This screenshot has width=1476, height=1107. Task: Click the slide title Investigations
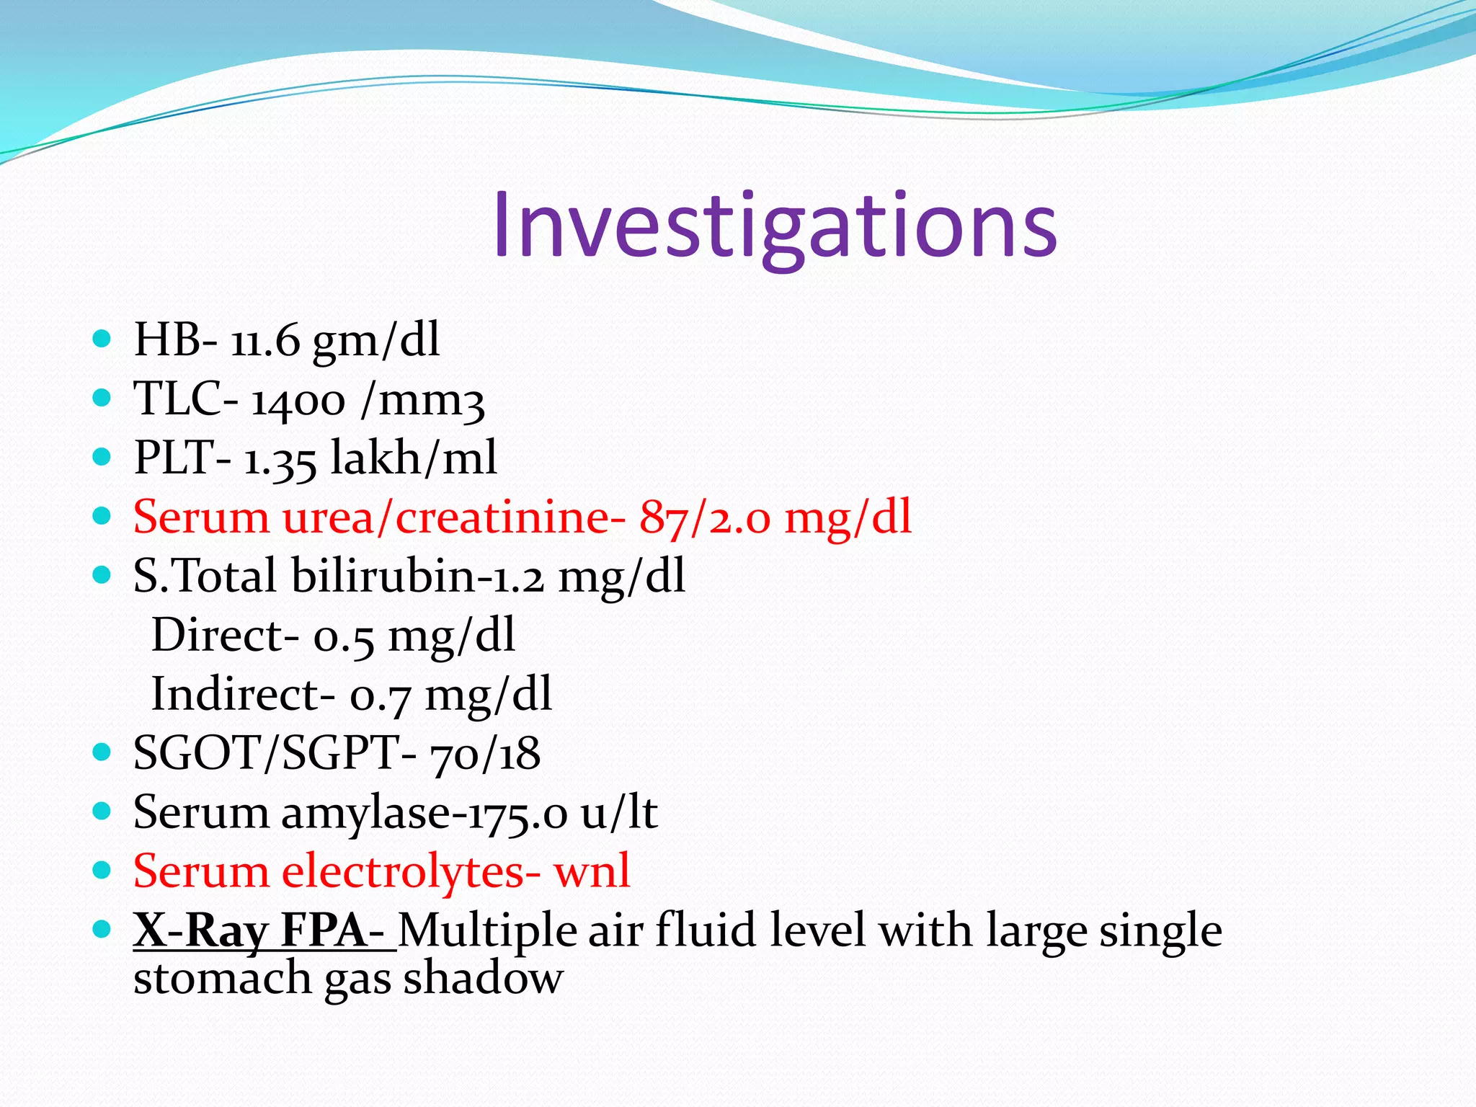pos(775,225)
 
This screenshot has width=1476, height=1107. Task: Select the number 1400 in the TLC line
pos(298,400)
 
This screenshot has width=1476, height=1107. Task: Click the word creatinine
pos(503,518)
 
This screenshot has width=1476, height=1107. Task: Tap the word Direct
pos(219,636)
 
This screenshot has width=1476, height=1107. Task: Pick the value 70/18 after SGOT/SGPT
pos(485,755)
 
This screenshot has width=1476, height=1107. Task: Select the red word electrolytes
pos(404,872)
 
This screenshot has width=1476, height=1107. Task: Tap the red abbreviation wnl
pos(592,872)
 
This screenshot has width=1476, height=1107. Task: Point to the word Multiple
pos(487,931)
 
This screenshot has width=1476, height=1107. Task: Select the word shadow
pos(483,979)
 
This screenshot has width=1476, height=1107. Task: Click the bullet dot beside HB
pos(102,339)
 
